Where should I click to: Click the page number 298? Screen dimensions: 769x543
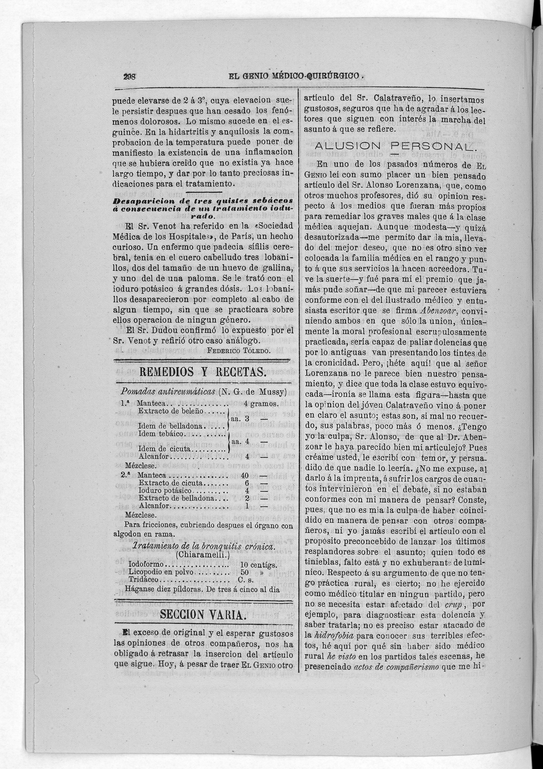coord(129,76)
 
